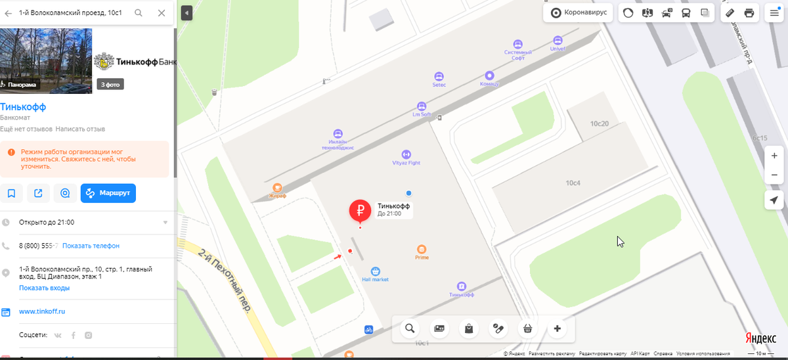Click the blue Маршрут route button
click(108, 193)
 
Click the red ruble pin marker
click(360, 210)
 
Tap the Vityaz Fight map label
click(406, 162)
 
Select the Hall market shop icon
click(376, 271)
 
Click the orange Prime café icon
click(422, 249)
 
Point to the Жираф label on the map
click(277, 195)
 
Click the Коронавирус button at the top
click(579, 12)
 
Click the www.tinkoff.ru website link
click(42, 311)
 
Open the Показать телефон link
click(91, 246)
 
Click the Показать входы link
click(44, 288)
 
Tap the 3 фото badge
click(110, 84)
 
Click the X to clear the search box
click(162, 12)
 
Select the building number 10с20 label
click(599, 124)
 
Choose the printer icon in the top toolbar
click(749, 12)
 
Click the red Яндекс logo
click(760, 337)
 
